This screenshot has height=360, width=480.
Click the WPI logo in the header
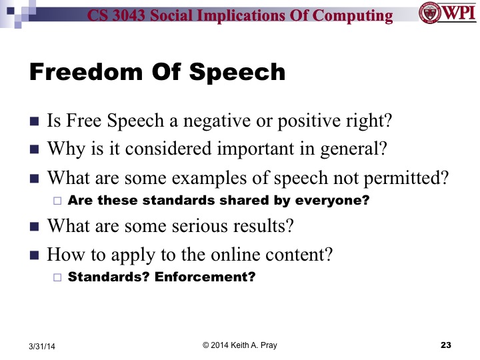tap(447, 13)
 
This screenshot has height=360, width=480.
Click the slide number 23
tap(446, 345)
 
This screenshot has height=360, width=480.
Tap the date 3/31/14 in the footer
tap(43, 346)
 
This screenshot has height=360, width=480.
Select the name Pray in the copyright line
tap(265, 344)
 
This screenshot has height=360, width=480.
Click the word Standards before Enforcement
tap(109, 276)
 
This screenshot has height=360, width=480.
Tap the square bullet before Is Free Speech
tap(35, 122)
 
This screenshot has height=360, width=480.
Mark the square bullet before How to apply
tap(35, 254)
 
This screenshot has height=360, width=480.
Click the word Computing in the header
tap(357, 15)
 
